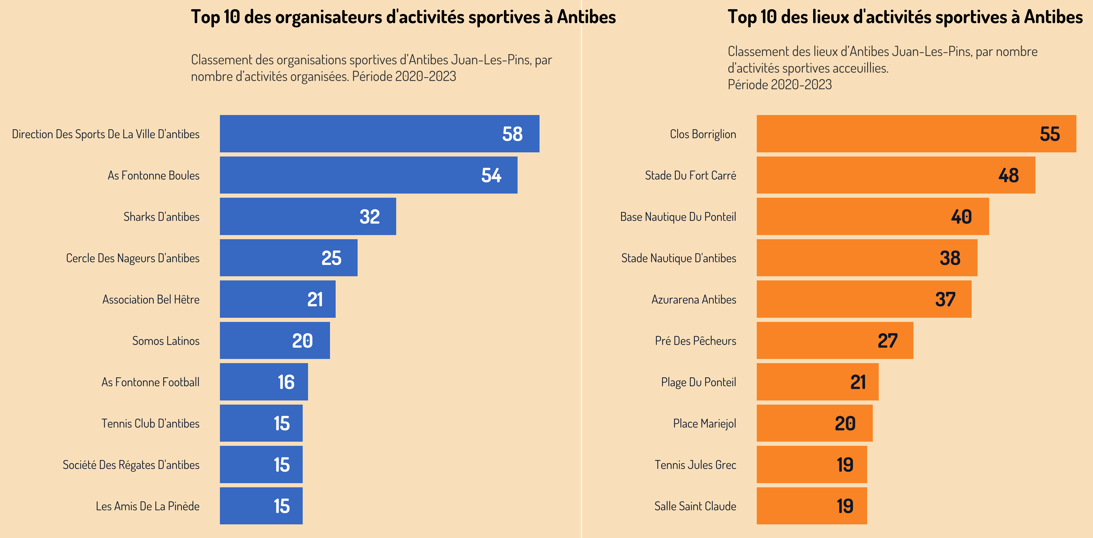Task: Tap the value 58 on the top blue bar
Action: (x=512, y=134)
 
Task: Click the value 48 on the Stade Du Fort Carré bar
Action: (x=1008, y=175)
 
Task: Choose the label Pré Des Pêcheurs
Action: (x=695, y=341)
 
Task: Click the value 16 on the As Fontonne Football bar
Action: (x=286, y=382)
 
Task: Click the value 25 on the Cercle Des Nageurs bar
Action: (x=331, y=258)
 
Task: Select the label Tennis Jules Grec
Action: (x=695, y=465)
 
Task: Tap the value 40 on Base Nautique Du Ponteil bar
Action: (x=961, y=217)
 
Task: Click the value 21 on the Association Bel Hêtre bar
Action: (x=315, y=299)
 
